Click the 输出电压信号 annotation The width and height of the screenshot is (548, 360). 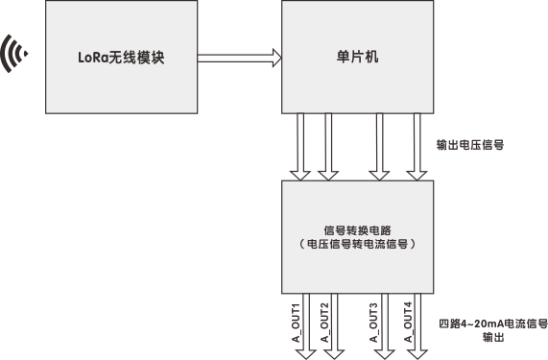470,146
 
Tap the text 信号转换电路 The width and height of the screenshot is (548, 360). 357,229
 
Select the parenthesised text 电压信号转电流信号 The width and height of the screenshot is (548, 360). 357,244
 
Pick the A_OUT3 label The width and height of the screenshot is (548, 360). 373,323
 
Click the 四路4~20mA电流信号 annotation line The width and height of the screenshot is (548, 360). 491,324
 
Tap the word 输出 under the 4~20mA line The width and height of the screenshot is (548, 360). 491,338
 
